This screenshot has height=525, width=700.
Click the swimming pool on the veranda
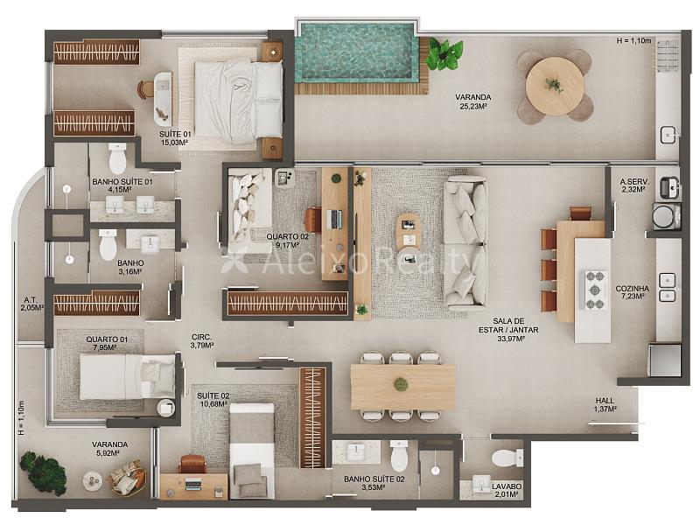coord(356,52)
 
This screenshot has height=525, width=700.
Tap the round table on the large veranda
coord(555,86)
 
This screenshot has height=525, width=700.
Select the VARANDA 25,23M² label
coord(473,101)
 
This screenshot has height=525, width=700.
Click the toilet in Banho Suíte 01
coord(117,158)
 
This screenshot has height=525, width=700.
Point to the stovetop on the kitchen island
coord(595,290)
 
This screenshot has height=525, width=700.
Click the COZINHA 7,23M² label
coord(632,292)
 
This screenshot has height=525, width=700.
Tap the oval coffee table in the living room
coord(408,232)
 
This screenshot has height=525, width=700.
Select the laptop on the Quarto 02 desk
coord(335,220)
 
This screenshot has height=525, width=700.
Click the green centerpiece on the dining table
coord(401,384)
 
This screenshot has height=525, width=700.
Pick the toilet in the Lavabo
coord(507,458)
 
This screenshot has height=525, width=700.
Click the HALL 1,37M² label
coord(605,404)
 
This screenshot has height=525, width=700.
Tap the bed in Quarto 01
coord(127,377)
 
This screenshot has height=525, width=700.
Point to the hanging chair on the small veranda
coord(128,478)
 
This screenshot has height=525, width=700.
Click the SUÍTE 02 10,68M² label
coord(213,400)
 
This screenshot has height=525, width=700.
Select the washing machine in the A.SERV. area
coord(666,216)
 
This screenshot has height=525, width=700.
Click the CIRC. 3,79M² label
coord(202,341)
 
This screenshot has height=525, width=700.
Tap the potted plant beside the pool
coord(444,53)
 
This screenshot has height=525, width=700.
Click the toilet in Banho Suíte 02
coord(399,456)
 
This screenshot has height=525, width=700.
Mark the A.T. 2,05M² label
coord(31,304)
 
